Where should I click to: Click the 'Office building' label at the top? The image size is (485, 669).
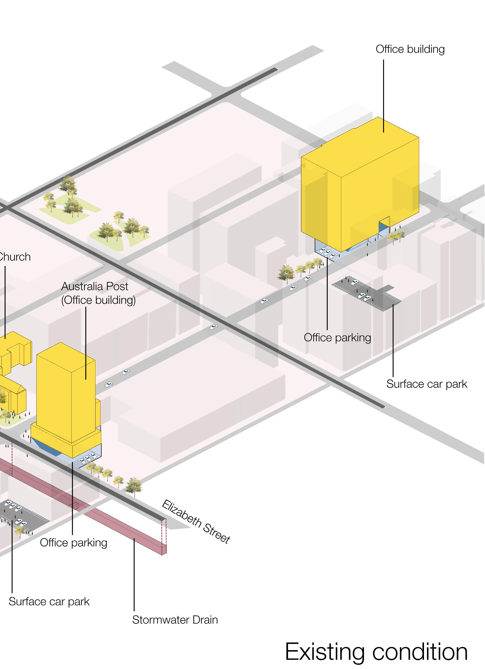pyautogui.click(x=410, y=49)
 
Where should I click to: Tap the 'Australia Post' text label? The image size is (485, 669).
pyautogui.click(x=95, y=286)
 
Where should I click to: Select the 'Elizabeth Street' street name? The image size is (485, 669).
pyautogui.click(x=196, y=522)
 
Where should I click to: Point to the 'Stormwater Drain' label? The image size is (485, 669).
pyautogui.click(x=175, y=620)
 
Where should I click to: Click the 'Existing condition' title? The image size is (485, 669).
pyautogui.click(x=376, y=652)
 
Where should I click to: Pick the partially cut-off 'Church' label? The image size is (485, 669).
pyautogui.click(x=15, y=257)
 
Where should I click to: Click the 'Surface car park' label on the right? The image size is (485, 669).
pyautogui.click(x=427, y=384)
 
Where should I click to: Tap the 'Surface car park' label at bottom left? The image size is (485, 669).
pyautogui.click(x=49, y=601)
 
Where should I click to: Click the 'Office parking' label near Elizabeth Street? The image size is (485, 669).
pyautogui.click(x=74, y=543)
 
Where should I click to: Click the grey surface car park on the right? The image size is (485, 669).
pyautogui.click(x=366, y=292)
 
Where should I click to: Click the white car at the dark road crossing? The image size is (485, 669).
pyautogui.click(x=214, y=327)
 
